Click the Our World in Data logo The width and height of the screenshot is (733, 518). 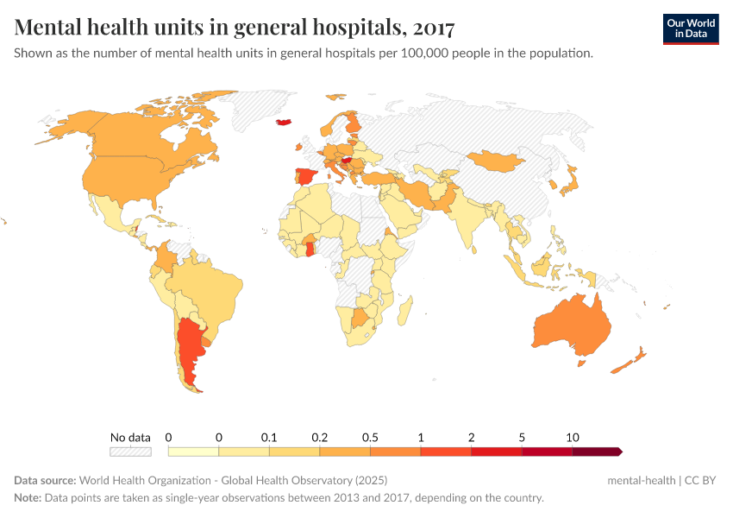(x=690, y=28)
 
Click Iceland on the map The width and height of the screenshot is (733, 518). (x=285, y=122)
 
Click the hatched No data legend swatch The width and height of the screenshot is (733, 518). (x=130, y=451)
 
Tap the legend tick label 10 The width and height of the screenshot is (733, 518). (x=572, y=437)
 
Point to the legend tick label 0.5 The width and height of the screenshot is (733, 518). (x=370, y=437)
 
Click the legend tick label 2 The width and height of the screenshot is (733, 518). (x=471, y=437)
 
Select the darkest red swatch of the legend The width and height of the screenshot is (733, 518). (x=596, y=451)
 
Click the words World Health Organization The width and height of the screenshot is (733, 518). (x=159, y=480)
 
